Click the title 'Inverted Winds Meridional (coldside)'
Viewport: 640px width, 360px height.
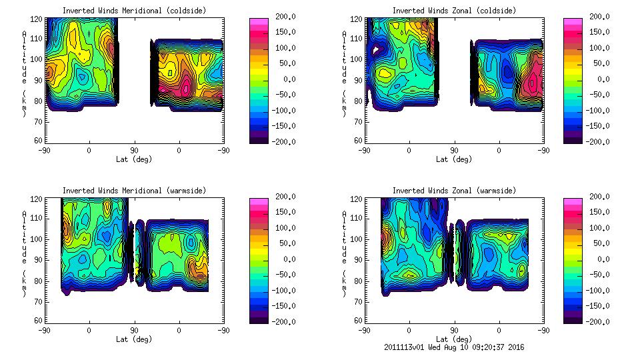point(134,11)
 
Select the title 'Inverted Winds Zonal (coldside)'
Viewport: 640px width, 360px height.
point(454,11)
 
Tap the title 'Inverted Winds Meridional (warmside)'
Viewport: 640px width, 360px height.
point(134,191)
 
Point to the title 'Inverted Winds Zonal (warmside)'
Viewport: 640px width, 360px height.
point(454,191)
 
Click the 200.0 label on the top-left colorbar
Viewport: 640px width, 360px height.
point(281,17)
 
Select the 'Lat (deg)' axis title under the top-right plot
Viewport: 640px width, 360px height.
point(454,159)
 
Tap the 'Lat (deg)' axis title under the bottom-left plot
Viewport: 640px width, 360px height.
point(134,339)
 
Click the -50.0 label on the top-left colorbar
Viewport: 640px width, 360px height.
point(282,95)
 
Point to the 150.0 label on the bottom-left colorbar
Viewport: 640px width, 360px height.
point(281,212)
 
